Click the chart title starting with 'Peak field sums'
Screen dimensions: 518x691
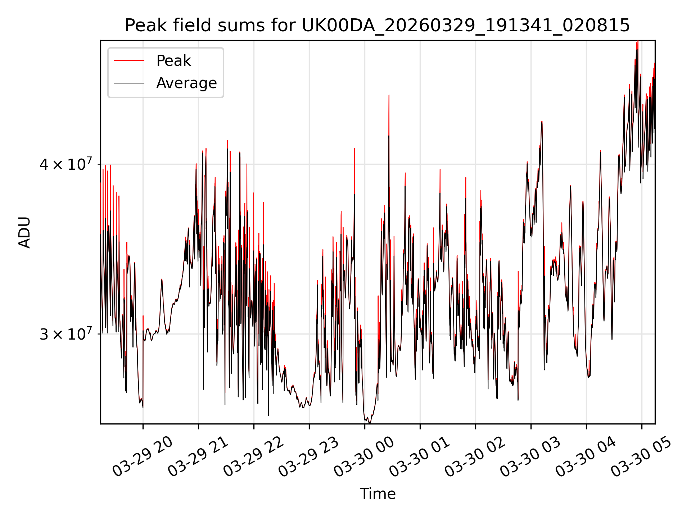(x=377, y=26)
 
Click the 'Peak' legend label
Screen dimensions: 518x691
(x=173, y=61)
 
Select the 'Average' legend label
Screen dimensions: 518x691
(x=186, y=83)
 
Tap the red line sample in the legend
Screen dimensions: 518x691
(x=129, y=61)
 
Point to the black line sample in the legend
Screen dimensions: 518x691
(x=129, y=83)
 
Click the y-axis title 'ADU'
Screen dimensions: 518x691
(x=24, y=232)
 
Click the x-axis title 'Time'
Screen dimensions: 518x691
(x=378, y=494)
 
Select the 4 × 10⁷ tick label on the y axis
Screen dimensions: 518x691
(x=66, y=164)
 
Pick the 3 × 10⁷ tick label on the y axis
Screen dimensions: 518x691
(x=66, y=334)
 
